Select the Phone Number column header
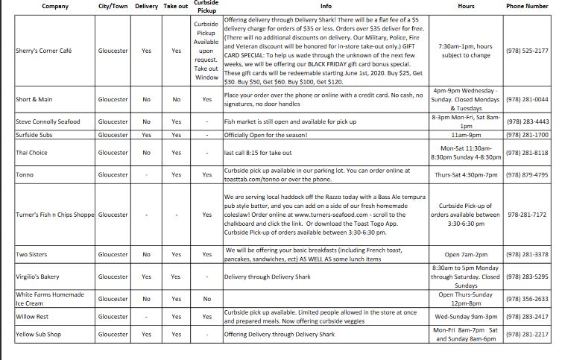[x=527, y=6]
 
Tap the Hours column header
[x=465, y=6]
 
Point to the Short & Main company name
[x=34, y=99]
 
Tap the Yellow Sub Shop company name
[x=39, y=335]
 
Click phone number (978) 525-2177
[x=527, y=51]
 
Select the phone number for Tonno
[x=527, y=174]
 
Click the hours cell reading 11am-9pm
[x=465, y=135]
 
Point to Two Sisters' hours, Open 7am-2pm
[x=465, y=254]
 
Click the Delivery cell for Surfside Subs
[x=146, y=135]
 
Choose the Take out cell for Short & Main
[x=176, y=99]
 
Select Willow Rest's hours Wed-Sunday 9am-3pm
[x=465, y=316]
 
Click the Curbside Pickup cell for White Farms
[x=206, y=299]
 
